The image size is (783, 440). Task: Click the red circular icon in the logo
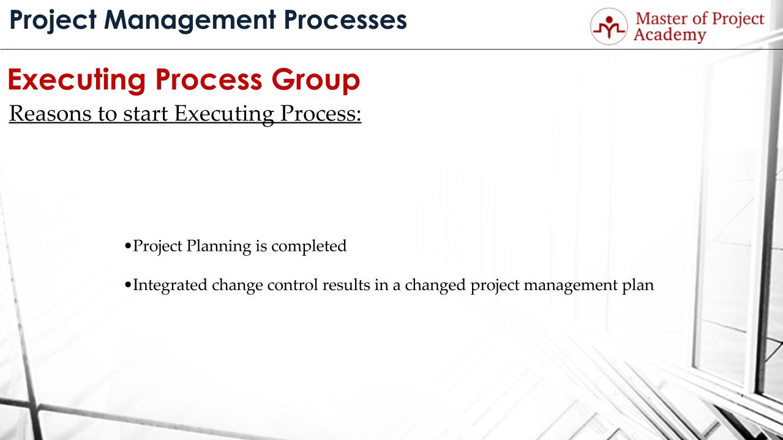609,26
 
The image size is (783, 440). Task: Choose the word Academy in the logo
669,35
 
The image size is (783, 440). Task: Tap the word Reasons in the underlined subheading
48,114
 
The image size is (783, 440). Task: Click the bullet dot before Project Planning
127,247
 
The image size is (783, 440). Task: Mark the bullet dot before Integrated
127,286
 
